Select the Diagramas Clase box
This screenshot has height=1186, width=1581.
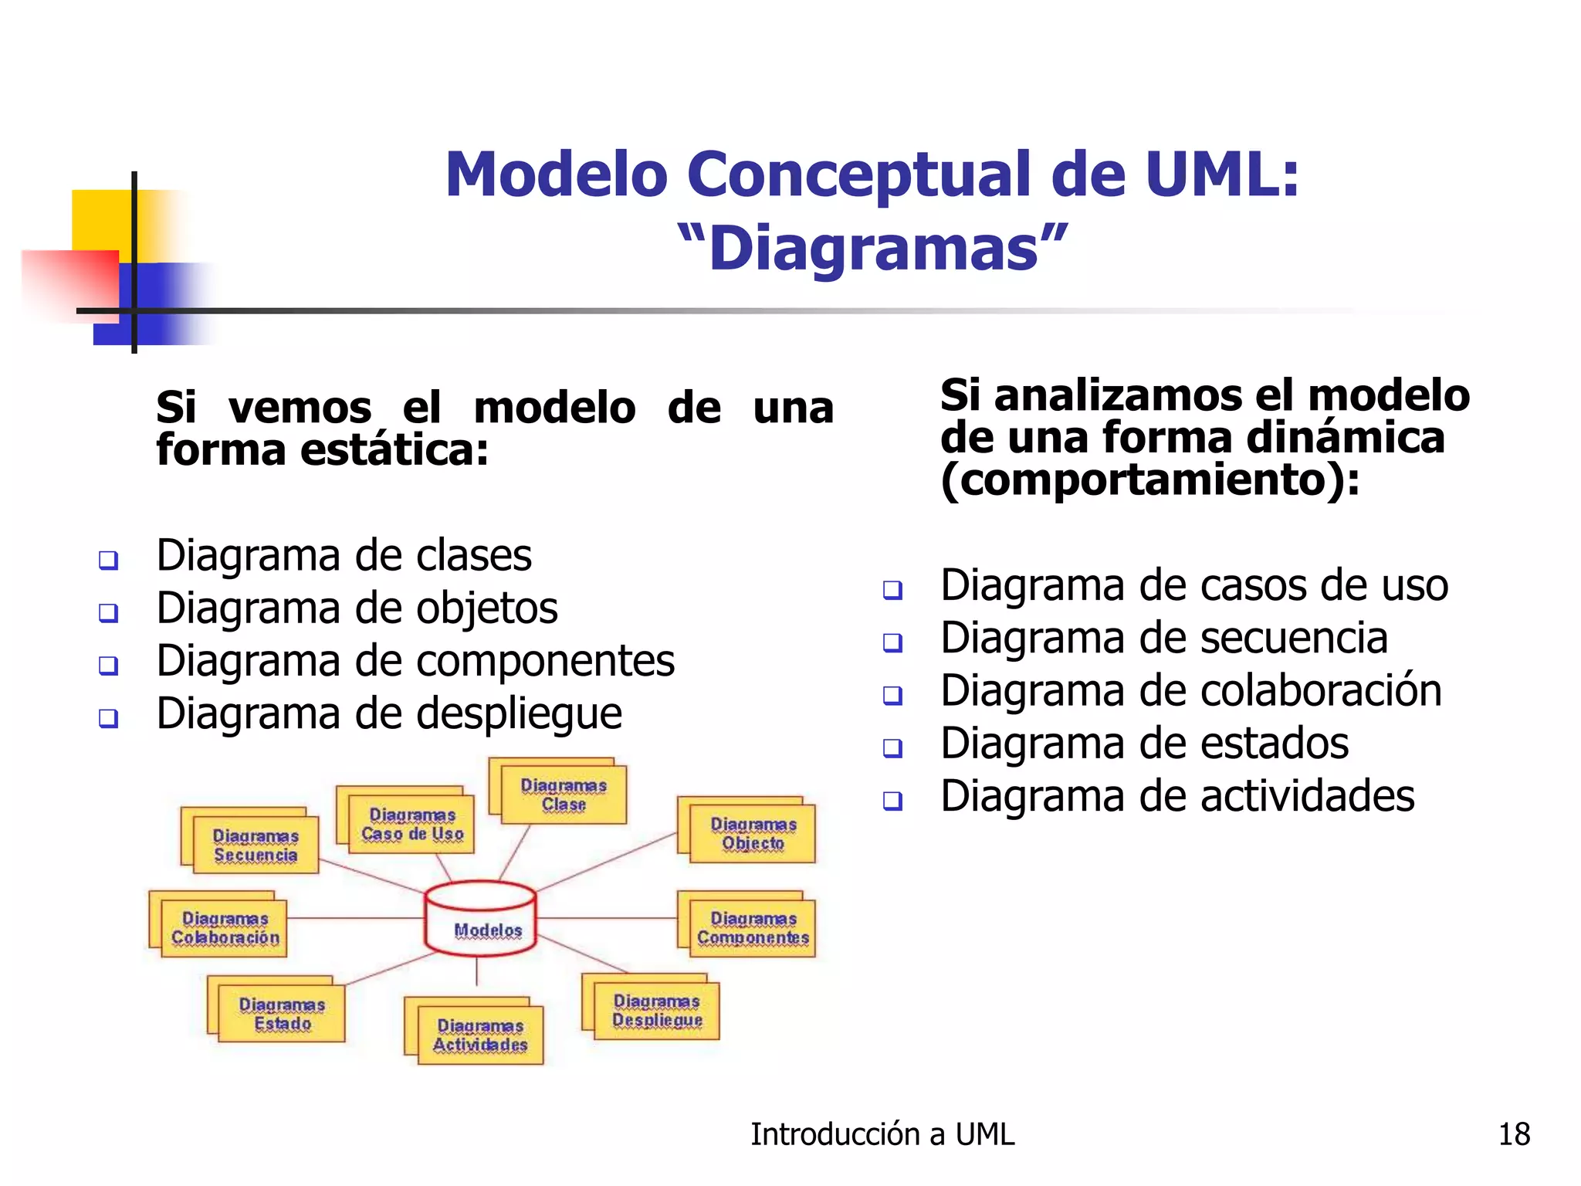[x=563, y=795]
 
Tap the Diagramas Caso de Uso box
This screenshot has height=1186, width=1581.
[x=411, y=824]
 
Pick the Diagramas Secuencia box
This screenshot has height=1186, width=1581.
[x=256, y=845]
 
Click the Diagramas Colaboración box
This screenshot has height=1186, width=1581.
[x=224, y=928]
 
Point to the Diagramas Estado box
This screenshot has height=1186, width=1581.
[x=282, y=1014]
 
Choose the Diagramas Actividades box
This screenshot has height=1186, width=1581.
[x=480, y=1035]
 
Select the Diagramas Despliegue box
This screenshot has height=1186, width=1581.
[x=657, y=1011]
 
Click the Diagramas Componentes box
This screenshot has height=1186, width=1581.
[x=753, y=928]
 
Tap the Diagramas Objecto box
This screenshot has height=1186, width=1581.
[x=753, y=834]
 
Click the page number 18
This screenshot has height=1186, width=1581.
[x=1514, y=1134]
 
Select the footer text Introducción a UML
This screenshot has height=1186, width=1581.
[x=882, y=1134]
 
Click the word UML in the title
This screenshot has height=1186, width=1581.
[x=1221, y=175]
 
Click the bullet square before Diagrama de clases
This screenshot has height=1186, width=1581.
[x=109, y=560]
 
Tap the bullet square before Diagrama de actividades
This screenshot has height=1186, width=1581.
[x=892, y=801]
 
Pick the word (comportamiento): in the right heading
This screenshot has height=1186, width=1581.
[x=1149, y=480]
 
